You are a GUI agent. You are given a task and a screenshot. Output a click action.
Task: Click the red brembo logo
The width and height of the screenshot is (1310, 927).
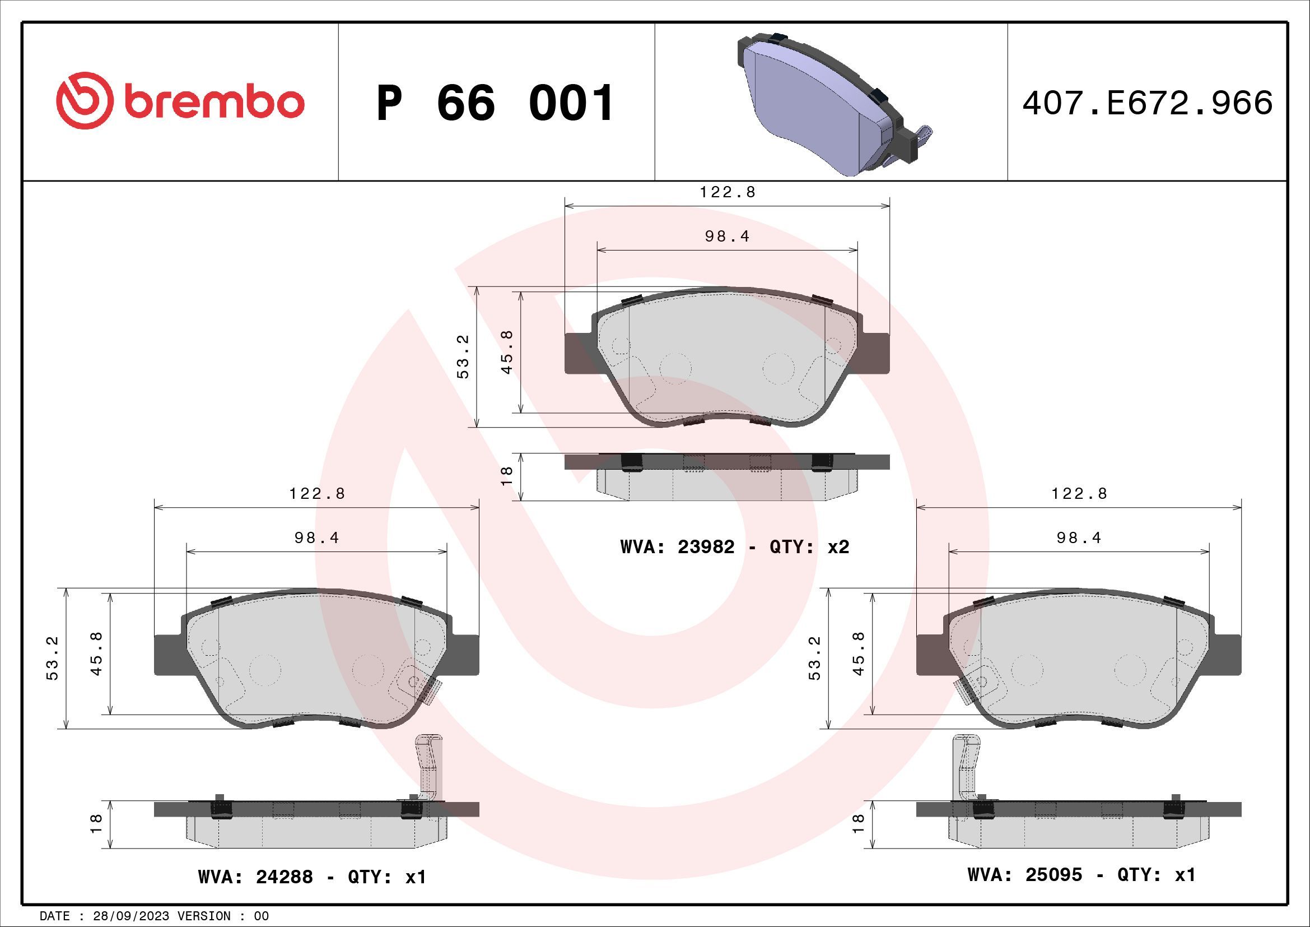pyautogui.click(x=180, y=101)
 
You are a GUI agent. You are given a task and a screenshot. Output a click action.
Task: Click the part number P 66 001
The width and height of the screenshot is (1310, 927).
pyautogui.click(x=495, y=103)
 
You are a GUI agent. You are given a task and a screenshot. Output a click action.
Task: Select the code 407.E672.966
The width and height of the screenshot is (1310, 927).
pyautogui.click(x=1147, y=103)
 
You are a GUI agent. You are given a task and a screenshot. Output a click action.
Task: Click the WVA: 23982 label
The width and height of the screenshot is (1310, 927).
pyautogui.click(x=677, y=547)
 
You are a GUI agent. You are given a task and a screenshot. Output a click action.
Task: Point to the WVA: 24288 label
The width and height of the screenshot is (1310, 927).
pyautogui.click(x=255, y=876)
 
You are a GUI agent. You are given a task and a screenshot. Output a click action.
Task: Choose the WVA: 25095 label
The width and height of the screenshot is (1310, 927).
pyautogui.click(x=1024, y=874)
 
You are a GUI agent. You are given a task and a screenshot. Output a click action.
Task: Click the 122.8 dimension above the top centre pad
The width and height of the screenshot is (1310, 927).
pyautogui.click(x=728, y=192)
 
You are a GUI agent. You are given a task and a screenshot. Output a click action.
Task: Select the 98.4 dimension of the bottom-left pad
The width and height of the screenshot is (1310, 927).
pyautogui.click(x=316, y=537)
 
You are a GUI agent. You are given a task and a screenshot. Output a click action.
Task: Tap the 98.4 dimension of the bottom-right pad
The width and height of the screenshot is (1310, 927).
pyautogui.click(x=1078, y=537)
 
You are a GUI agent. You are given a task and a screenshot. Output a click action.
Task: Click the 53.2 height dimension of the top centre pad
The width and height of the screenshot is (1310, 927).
pyautogui.click(x=463, y=357)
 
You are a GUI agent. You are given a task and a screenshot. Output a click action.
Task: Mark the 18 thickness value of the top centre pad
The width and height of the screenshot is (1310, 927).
pyautogui.click(x=507, y=476)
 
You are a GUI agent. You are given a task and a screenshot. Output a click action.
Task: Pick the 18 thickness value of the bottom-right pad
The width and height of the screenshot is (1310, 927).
pyautogui.click(x=858, y=824)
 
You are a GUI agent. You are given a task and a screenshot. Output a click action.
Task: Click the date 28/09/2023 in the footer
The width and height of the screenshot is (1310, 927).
pyautogui.click(x=131, y=916)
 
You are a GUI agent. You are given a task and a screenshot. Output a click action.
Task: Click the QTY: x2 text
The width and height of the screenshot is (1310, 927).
pyautogui.click(x=809, y=547)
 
